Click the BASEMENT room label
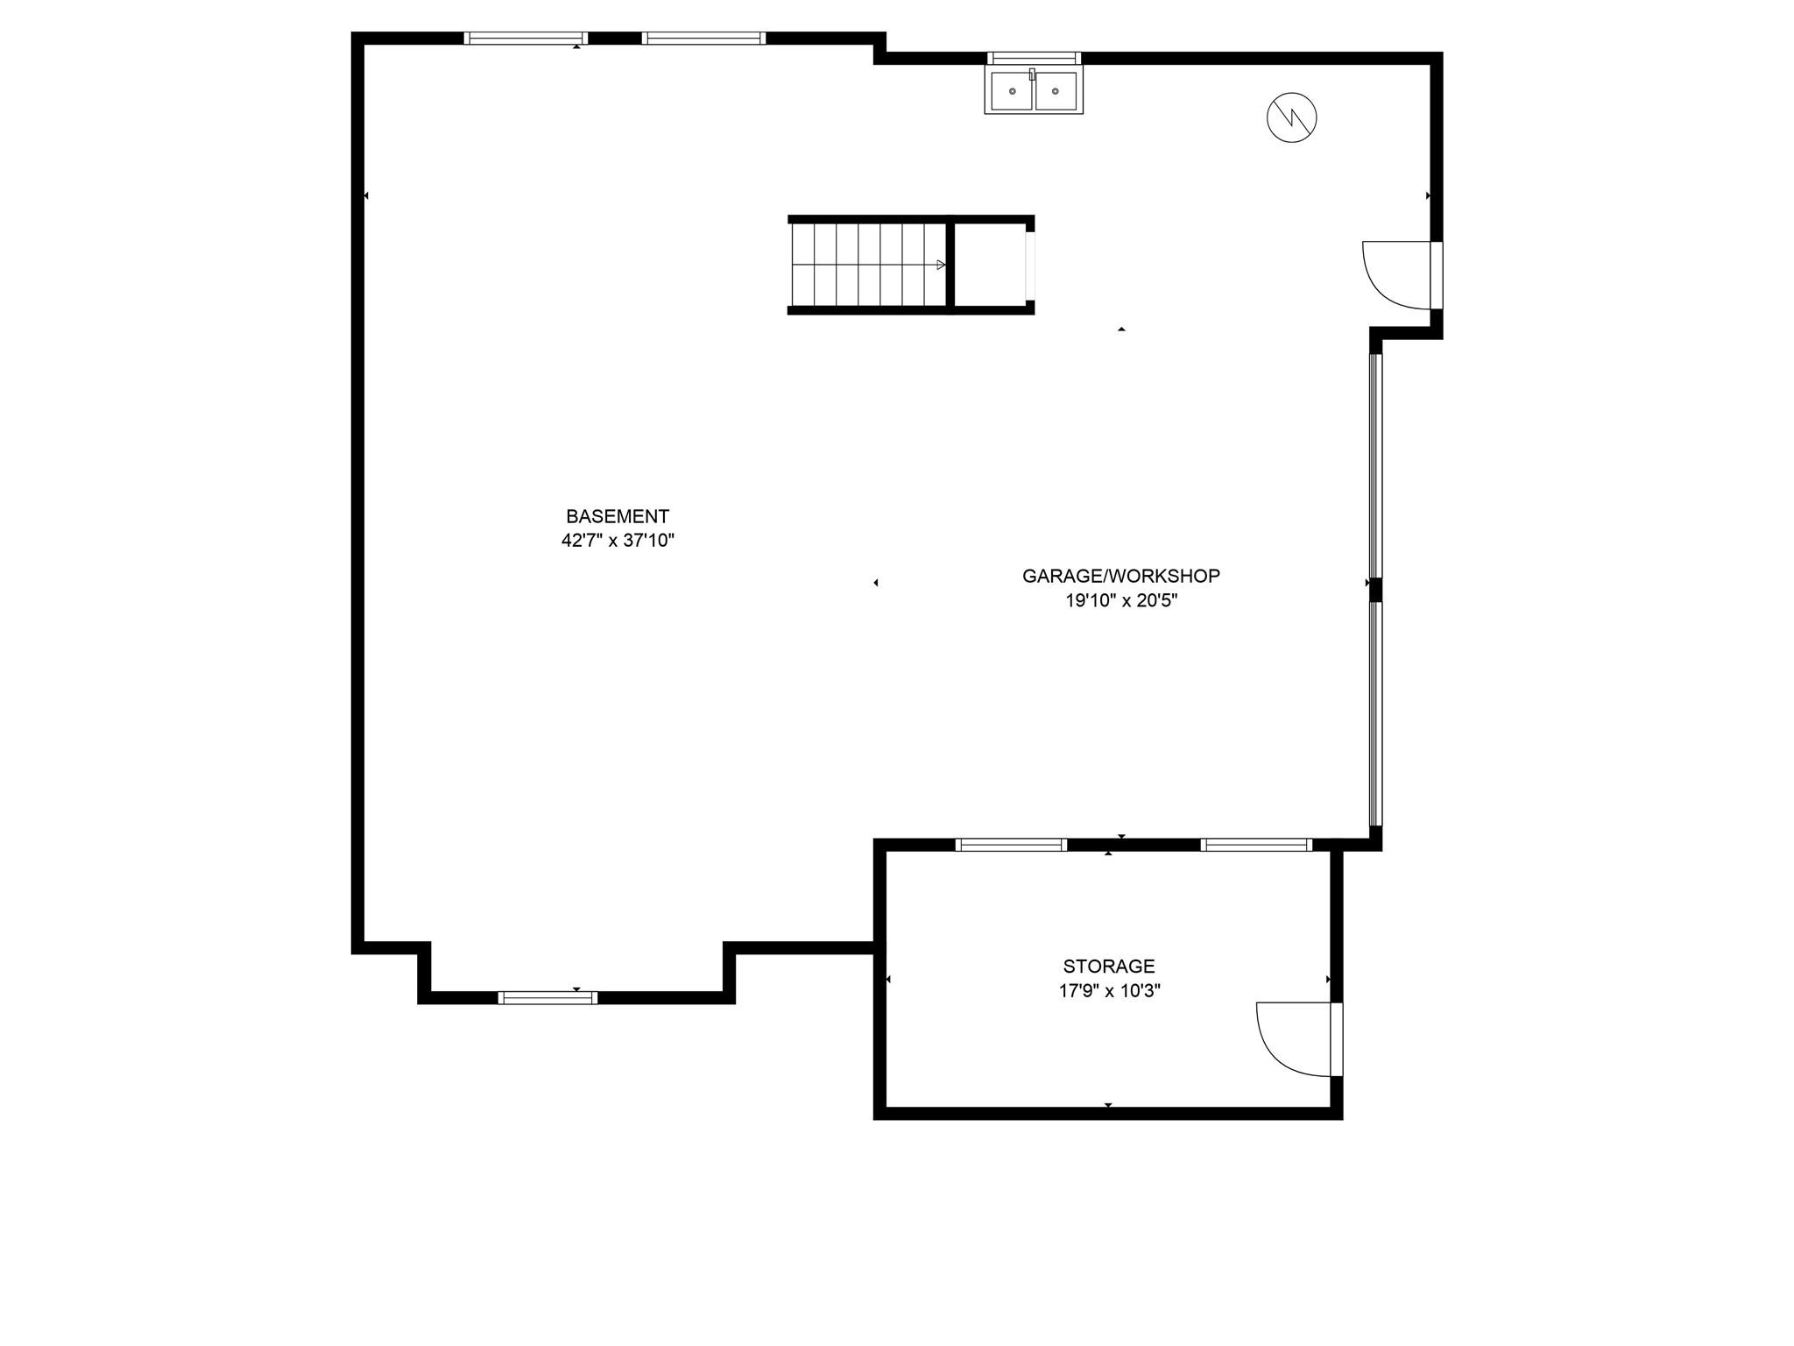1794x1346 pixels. point(618,517)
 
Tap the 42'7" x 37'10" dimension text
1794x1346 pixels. point(618,541)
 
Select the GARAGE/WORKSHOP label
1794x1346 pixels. point(1121,577)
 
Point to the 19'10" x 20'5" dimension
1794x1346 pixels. point(1121,601)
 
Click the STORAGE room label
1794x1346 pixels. point(1109,967)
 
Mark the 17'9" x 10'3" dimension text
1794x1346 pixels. point(1109,991)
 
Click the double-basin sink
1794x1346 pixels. point(1034,91)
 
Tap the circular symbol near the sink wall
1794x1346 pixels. point(1292,117)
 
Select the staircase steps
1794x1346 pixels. point(867,265)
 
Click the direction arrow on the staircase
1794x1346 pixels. point(941,265)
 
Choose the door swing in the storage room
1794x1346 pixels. point(1295,1039)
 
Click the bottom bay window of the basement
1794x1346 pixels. point(547,997)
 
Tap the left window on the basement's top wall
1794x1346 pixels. point(526,38)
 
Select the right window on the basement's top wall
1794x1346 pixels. point(703,38)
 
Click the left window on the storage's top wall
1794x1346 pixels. point(1011,845)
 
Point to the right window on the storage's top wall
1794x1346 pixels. point(1256,845)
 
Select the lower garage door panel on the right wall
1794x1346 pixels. point(1375,713)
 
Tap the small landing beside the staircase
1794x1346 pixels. point(990,265)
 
